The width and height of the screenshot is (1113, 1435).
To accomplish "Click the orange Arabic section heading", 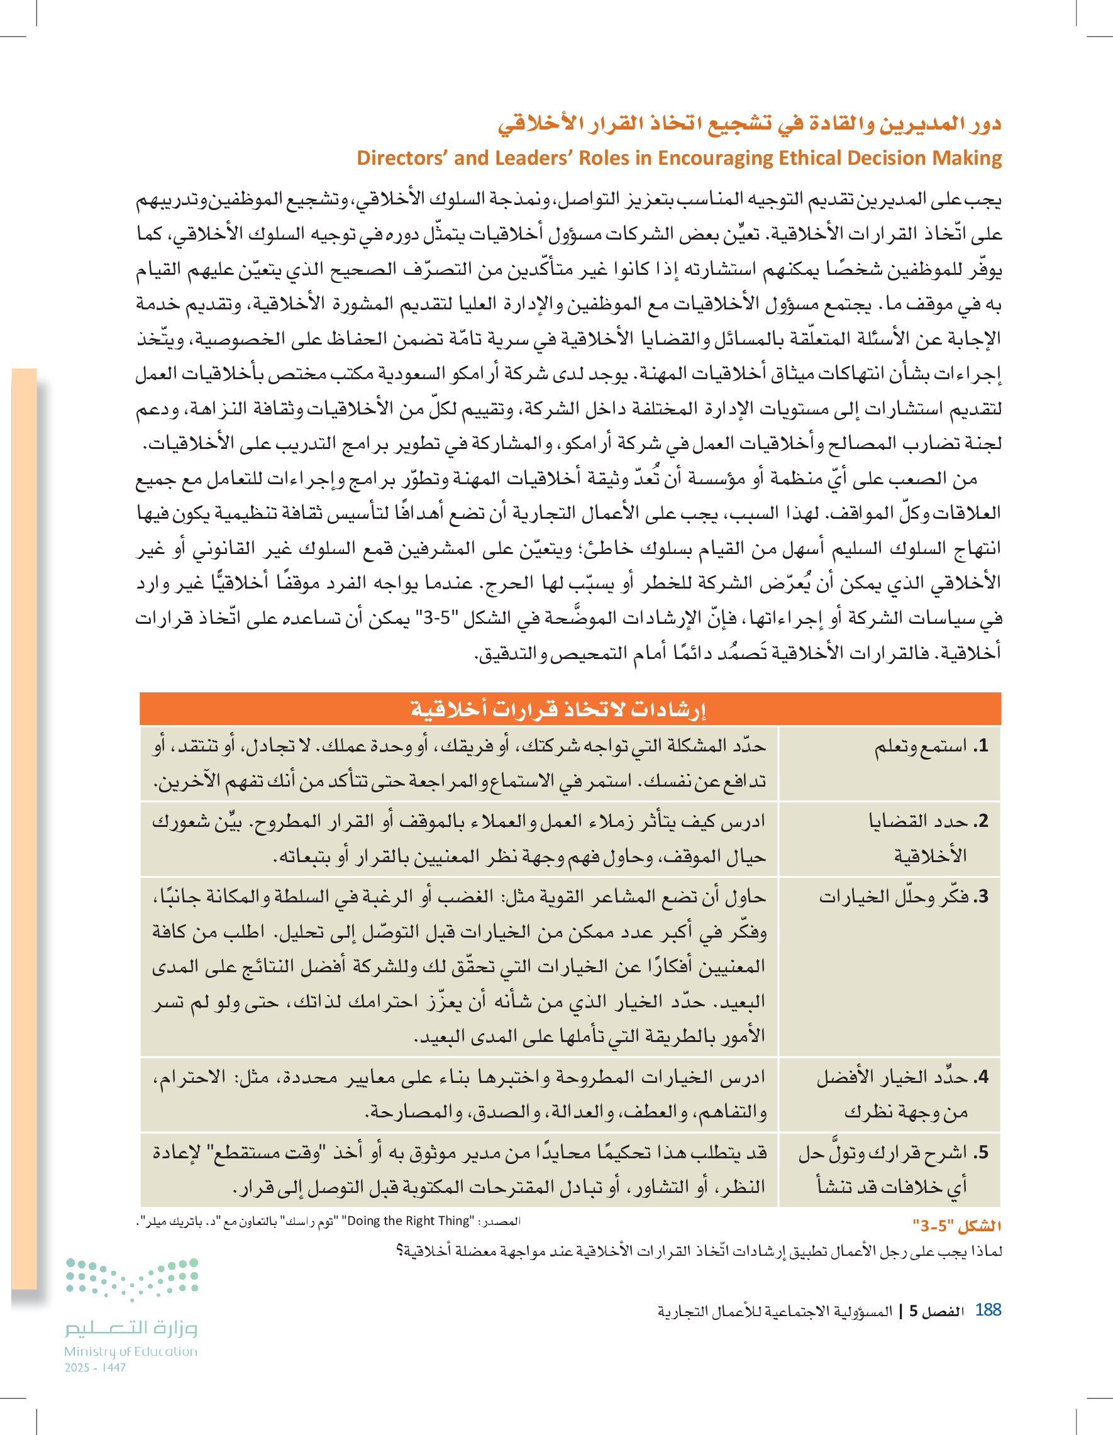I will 749,123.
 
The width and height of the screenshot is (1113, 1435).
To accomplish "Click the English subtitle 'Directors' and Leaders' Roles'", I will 679,158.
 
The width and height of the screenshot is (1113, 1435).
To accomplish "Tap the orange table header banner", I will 570,709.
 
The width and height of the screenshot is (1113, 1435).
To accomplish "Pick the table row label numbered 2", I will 927,838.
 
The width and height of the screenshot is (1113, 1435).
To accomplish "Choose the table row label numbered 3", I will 903,897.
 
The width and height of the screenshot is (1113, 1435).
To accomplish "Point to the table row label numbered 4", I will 903,1095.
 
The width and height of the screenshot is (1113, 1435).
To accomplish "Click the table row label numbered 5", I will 894,1170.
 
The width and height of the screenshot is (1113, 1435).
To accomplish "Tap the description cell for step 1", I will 458,763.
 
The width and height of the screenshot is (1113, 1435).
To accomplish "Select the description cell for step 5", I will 458,1170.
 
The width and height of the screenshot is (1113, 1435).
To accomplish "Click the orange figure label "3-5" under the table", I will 956,1226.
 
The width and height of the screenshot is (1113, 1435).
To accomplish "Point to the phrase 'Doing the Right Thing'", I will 407,1221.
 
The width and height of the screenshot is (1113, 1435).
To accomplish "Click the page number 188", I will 987,1309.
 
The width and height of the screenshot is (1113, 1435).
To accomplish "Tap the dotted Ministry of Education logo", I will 131,1278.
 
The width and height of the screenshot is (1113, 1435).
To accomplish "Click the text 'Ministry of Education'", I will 130,1351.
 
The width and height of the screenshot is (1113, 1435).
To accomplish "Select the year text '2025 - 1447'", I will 96,1367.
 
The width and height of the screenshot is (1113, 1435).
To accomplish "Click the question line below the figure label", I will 699,1251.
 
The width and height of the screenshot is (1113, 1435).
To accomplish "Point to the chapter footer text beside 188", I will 809,1311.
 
